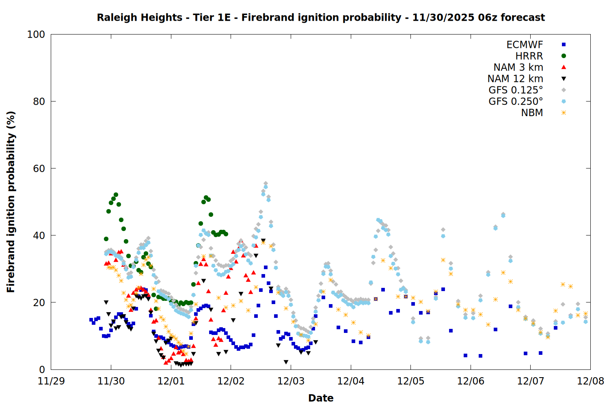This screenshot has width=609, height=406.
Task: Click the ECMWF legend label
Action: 525,45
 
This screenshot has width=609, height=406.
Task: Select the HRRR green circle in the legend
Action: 564,56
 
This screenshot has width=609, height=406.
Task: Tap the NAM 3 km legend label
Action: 518,67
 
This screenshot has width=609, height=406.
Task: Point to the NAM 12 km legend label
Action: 515,79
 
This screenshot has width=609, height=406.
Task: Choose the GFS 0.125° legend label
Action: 516,90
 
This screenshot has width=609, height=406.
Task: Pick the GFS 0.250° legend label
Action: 516,101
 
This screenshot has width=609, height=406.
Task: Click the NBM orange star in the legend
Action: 564,113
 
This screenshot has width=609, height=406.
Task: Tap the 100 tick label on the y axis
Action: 36,35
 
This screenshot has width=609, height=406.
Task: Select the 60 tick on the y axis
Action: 39,168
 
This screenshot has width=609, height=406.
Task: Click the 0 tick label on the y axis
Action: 42,369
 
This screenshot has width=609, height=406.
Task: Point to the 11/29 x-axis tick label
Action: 51,381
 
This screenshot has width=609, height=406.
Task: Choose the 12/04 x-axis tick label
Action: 351,381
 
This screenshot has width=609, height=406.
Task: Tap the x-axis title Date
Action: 321,398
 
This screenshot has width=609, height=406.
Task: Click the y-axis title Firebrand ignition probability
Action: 11,202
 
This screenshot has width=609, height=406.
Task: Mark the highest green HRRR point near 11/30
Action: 116,195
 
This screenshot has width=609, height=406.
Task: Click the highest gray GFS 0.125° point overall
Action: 266,184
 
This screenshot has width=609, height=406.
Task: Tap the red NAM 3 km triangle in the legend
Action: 564,67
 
